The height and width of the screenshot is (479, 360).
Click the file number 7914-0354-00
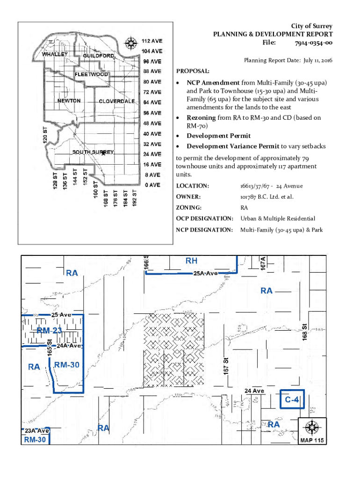[x=314, y=43]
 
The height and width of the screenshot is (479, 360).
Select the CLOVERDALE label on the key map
[x=117, y=101]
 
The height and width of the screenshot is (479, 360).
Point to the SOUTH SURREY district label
[x=93, y=152]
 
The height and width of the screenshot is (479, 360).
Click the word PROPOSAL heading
[x=193, y=72]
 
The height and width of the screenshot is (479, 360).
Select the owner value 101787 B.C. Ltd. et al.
[x=267, y=197]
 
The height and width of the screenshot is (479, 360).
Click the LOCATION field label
[x=192, y=186]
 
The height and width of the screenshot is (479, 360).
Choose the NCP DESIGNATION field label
[x=204, y=230]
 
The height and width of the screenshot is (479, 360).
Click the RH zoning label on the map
[x=192, y=261]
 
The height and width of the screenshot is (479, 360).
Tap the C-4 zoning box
[x=292, y=400]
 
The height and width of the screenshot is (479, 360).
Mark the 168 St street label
[x=304, y=333]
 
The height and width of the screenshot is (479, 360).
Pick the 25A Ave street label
[x=205, y=273]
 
